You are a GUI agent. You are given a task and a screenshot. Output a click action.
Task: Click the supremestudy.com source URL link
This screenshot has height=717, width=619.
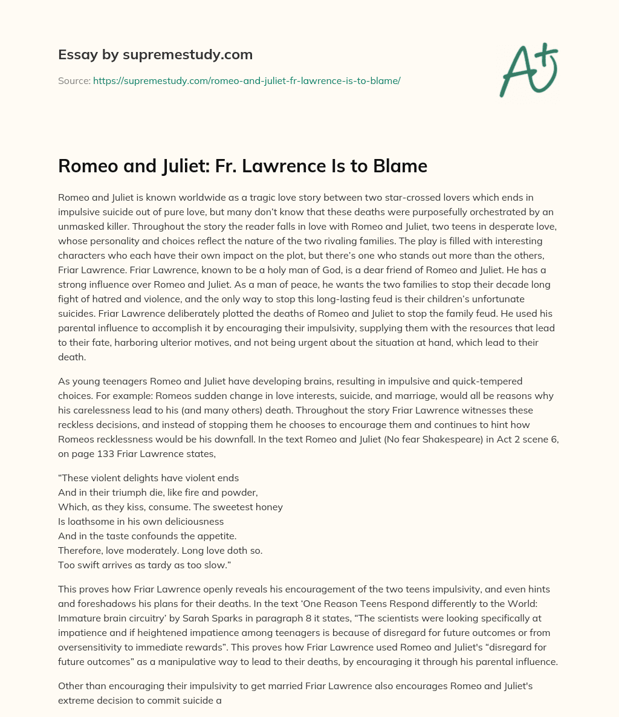pos(247,80)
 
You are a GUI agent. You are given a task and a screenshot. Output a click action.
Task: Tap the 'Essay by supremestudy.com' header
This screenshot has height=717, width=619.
pos(155,54)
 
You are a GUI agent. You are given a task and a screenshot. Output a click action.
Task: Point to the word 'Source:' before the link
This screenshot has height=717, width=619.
pos(74,80)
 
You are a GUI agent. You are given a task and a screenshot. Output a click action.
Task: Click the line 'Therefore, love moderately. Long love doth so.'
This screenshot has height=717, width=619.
pos(160,551)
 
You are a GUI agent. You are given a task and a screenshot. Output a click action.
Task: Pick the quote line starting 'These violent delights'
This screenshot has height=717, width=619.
pos(149,478)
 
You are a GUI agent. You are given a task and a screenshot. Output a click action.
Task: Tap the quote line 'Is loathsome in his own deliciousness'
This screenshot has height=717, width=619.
pos(141,521)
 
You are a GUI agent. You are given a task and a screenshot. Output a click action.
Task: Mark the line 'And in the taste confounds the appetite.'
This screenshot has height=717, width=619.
pos(147,536)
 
